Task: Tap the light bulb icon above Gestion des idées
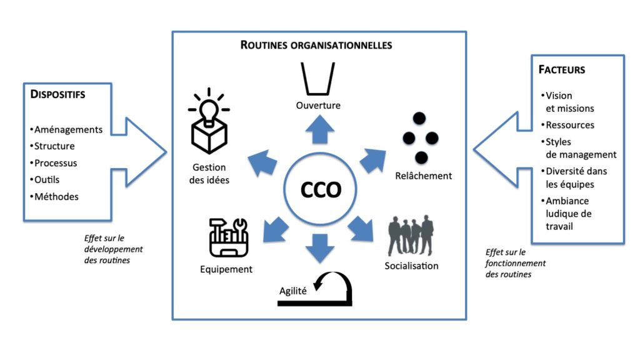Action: point(208,121)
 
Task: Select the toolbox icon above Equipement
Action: point(228,237)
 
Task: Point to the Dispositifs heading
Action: point(57,95)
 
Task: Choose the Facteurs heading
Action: point(562,69)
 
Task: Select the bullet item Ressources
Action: point(569,125)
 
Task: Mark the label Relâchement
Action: point(423,176)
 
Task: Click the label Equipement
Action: point(226,269)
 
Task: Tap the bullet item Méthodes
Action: point(56,196)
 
